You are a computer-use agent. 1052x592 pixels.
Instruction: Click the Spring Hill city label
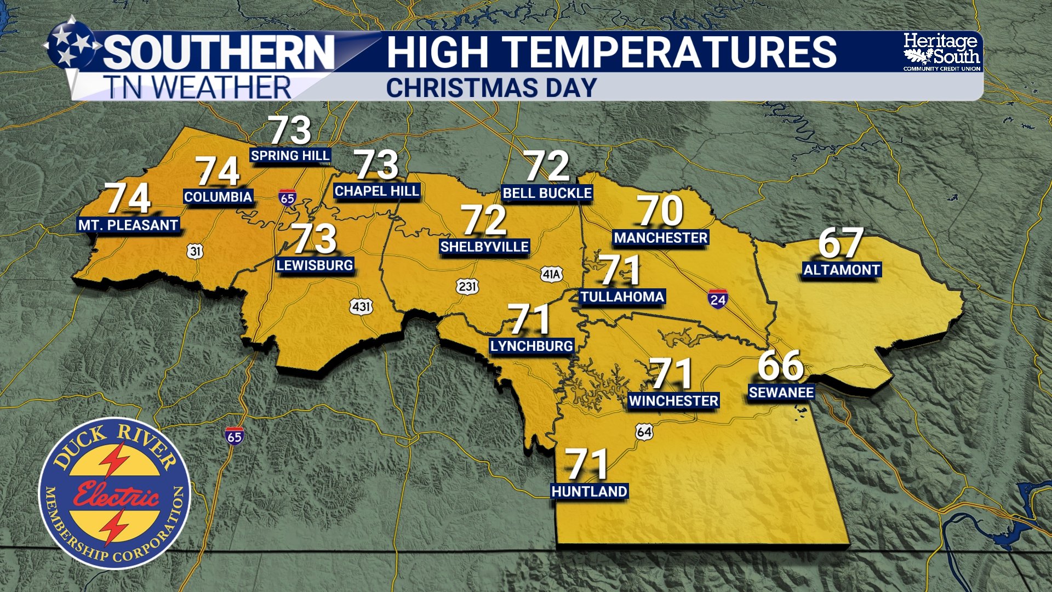pyautogui.click(x=290, y=156)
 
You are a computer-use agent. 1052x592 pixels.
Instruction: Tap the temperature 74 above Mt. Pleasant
pyautogui.click(x=128, y=198)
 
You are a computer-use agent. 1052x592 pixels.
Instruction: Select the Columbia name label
pyautogui.click(x=218, y=197)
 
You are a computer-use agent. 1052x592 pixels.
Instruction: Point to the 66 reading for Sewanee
pyautogui.click(x=781, y=366)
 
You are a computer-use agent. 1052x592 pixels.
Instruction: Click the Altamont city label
pyautogui.click(x=842, y=270)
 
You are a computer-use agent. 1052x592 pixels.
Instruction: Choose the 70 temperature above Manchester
pyautogui.click(x=661, y=211)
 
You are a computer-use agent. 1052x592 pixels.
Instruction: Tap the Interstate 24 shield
pyautogui.click(x=718, y=299)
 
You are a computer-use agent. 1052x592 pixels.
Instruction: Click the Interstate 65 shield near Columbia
pyautogui.click(x=287, y=197)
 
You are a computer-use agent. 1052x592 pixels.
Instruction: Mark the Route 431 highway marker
pyautogui.click(x=361, y=306)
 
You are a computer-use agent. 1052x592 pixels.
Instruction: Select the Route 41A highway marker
pyautogui.click(x=551, y=274)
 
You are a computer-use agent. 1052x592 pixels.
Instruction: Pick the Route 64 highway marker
pyautogui.click(x=644, y=432)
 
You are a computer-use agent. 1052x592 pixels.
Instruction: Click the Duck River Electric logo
pyautogui.click(x=115, y=493)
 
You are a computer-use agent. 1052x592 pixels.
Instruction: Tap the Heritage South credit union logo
pyautogui.click(x=941, y=52)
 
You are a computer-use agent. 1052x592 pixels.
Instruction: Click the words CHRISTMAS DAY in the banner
pyautogui.click(x=491, y=88)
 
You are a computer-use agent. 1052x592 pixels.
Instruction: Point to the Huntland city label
pyautogui.click(x=589, y=491)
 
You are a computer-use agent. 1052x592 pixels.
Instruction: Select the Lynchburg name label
pyautogui.click(x=531, y=346)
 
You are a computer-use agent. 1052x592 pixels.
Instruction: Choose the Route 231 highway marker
pyautogui.click(x=467, y=286)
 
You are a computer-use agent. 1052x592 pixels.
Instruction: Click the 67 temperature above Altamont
pyautogui.click(x=841, y=243)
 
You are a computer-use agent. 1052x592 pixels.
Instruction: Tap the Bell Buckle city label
pyautogui.click(x=547, y=193)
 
